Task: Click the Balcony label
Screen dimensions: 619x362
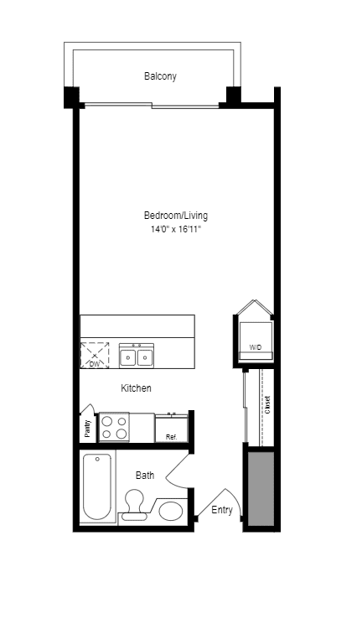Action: [x=160, y=76]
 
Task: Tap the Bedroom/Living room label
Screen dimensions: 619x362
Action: [x=175, y=216]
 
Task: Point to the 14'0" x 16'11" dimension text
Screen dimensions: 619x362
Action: [x=175, y=229]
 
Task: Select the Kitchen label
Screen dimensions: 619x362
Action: [x=136, y=388]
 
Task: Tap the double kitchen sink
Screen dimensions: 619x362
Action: [x=137, y=356]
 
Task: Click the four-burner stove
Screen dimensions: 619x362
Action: [x=114, y=428]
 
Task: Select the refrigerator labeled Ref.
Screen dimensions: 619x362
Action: [x=171, y=429]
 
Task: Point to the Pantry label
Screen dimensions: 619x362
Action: [x=87, y=429]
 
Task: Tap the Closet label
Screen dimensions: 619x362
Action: [x=267, y=405]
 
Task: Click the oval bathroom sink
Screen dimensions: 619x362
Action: [x=172, y=511]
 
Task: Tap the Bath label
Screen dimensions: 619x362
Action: [x=145, y=476]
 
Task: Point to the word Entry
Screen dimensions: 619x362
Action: [x=222, y=510]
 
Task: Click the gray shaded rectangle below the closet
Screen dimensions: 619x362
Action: [x=261, y=488]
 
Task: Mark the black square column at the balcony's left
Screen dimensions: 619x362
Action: [x=71, y=96]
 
